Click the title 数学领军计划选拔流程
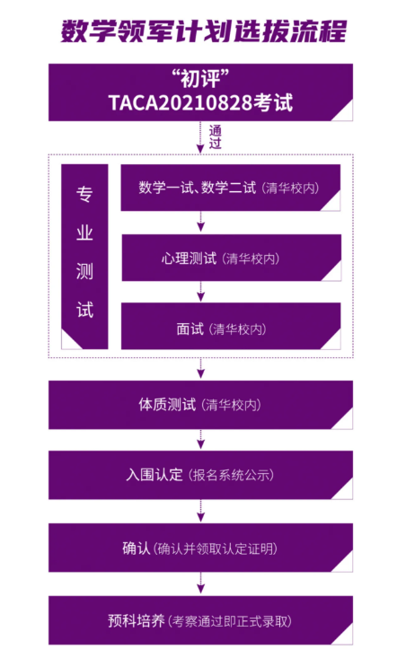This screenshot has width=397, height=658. tap(204, 31)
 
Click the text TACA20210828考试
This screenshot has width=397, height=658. tap(200, 103)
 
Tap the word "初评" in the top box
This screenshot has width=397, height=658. tap(200, 78)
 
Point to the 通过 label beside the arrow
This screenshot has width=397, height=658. tap(215, 137)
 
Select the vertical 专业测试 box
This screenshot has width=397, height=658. tap(84, 257)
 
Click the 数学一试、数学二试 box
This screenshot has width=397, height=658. tap(231, 187)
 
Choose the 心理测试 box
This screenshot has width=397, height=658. tap(231, 258)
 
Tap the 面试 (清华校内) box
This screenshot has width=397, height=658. tap(231, 326)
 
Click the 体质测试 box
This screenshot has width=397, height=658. tap(200, 405)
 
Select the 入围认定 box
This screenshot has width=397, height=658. tap(200, 475)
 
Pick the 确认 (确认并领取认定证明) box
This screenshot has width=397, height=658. tap(200, 548)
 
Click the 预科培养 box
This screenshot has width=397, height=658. tap(200, 620)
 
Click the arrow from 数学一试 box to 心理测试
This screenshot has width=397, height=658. tap(201, 221)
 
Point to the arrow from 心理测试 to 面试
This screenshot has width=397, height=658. tap(201, 291)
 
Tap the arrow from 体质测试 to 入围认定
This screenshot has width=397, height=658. tap(201, 439)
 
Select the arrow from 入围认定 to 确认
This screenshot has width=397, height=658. tap(201, 511)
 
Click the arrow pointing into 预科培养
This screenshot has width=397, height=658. tap(201, 583)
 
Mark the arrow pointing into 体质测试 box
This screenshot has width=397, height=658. tap(201, 368)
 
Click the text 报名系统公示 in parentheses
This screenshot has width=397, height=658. tap(231, 476)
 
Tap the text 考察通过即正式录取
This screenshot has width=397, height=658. tap(230, 621)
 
